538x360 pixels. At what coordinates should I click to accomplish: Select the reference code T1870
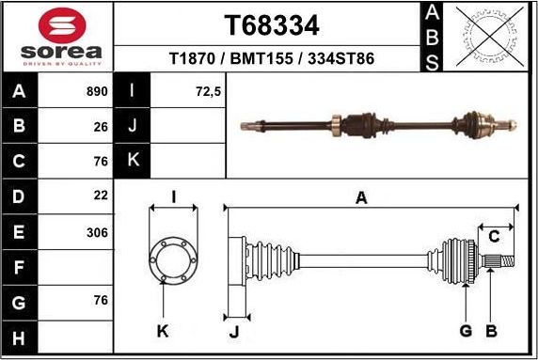(x=190, y=58)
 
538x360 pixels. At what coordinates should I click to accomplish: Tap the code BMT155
(x=261, y=58)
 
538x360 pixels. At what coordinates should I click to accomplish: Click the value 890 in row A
(x=97, y=92)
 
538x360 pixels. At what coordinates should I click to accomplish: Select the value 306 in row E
(x=97, y=231)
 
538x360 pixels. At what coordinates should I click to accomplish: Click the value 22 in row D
(x=101, y=196)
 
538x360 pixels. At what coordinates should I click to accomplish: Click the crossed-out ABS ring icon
(x=485, y=37)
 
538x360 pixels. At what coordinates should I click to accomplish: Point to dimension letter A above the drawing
(x=361, y=197)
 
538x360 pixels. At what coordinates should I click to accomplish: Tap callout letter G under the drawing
(x=465, y=330)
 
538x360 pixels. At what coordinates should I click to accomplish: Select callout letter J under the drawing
(x=235, y=330)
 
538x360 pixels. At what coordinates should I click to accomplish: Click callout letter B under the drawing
(x=490, y=330)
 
